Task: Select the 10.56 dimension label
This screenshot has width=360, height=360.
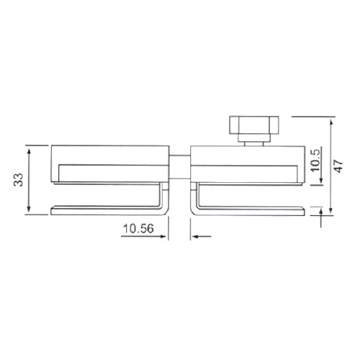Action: click(138, 229)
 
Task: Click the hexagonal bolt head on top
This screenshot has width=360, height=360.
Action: click(251, 127)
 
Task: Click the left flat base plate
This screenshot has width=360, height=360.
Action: click(108, 211)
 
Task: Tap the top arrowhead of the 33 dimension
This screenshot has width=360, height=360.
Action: click(29, 148)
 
